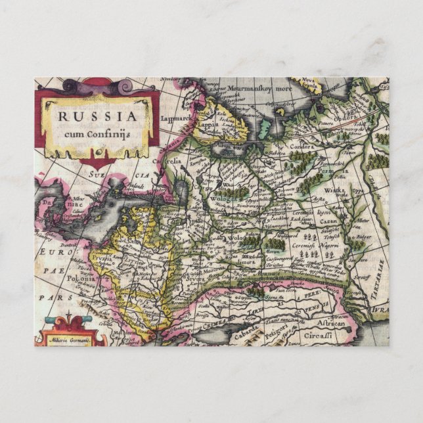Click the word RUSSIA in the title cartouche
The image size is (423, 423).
98,116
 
